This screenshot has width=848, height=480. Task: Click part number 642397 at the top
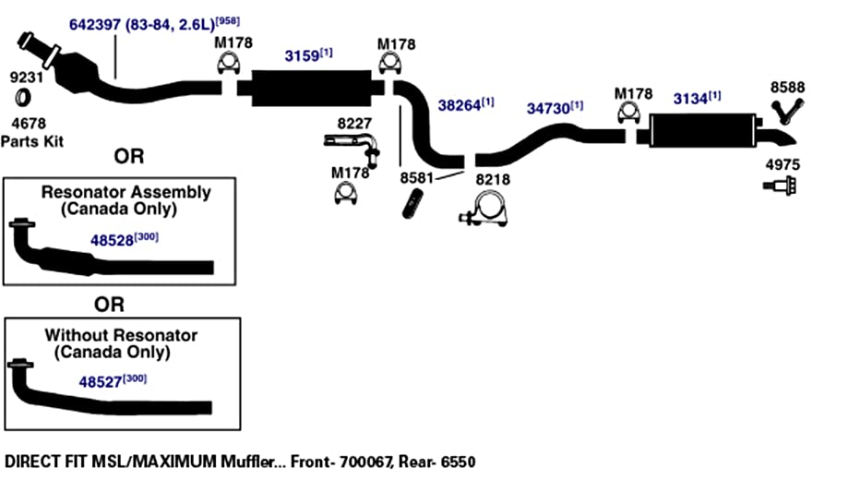(95, 25)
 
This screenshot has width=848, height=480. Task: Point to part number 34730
(548, 109)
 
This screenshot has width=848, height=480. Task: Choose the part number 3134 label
(690, 99)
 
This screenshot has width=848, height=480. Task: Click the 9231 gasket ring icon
(22, 98)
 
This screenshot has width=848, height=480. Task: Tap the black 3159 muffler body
(312, 88)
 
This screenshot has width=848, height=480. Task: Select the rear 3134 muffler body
(703, 130)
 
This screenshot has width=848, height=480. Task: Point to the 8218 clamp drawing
(484, 211)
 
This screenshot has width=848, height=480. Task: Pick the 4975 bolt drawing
(780, 186)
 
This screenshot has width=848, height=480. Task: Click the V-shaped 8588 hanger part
(787, 112)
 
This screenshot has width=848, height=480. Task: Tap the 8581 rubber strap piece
(412, 204)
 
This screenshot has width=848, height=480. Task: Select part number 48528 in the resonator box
(112, 240)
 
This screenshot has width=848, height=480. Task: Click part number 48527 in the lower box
(100, 382)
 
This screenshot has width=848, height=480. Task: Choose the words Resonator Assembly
(126, 192)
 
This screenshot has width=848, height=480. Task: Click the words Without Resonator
(121, 335)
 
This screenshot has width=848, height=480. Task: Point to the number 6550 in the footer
(458, 462)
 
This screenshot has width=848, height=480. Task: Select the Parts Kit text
(32, 142)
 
